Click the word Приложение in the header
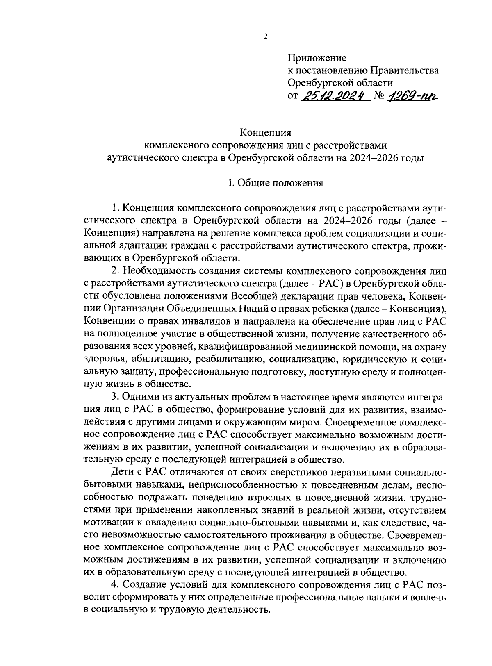pos(317,58)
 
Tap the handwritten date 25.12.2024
pos(335,96)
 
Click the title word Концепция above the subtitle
pos(265,133)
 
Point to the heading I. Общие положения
pos(276,183)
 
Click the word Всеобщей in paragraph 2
pos(250,296)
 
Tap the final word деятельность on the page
pos(232,609)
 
